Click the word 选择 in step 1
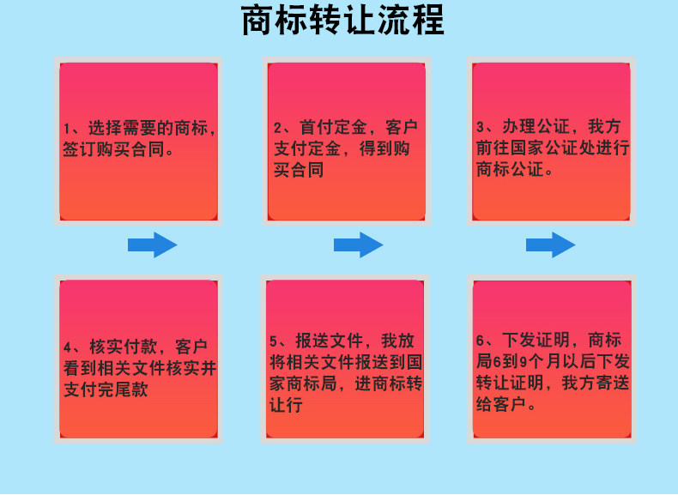tap(98, 129)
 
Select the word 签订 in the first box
tap(77, 148)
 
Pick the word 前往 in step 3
tap(490, 148)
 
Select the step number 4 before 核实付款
tap(68, 348)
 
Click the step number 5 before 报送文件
tap(274, 341)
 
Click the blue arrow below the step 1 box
tap(152, 245)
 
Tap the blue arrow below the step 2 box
tap(358, 245)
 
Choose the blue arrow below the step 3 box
tap(550, 245)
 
